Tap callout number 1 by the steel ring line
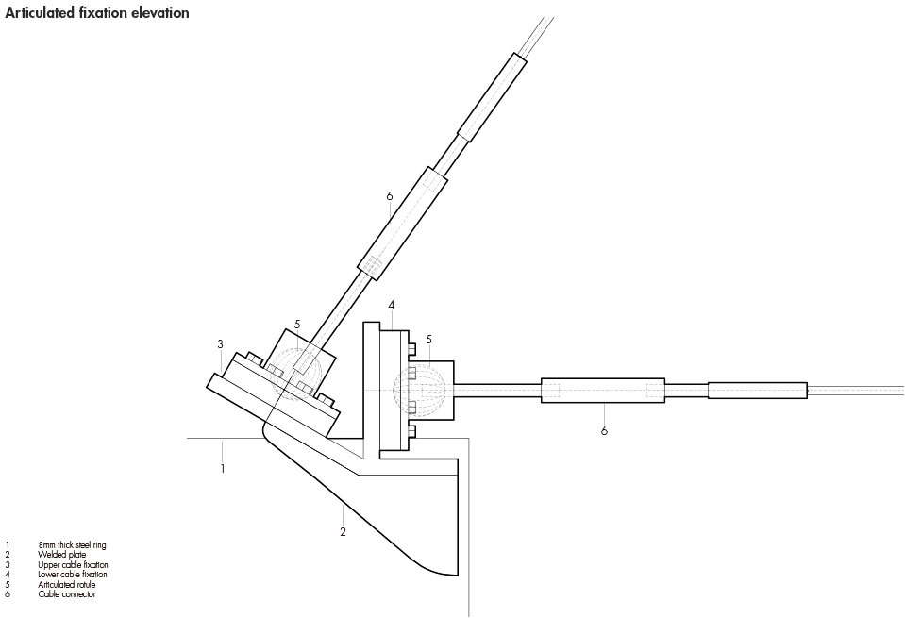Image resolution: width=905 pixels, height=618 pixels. (223, 468)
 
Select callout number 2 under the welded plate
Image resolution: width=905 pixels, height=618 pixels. (343, 532)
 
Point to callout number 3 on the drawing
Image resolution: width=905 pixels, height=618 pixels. (220, 343)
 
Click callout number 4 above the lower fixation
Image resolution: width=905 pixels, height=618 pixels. (391, 305)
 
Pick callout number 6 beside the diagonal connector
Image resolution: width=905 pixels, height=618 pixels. (388, 197)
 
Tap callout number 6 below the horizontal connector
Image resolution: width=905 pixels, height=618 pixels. (604, 431)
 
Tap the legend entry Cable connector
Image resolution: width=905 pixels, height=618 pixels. (61, 594)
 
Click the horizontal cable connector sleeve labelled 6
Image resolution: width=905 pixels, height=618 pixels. (604, 391)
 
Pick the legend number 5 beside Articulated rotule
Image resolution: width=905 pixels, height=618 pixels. (8, 584)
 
